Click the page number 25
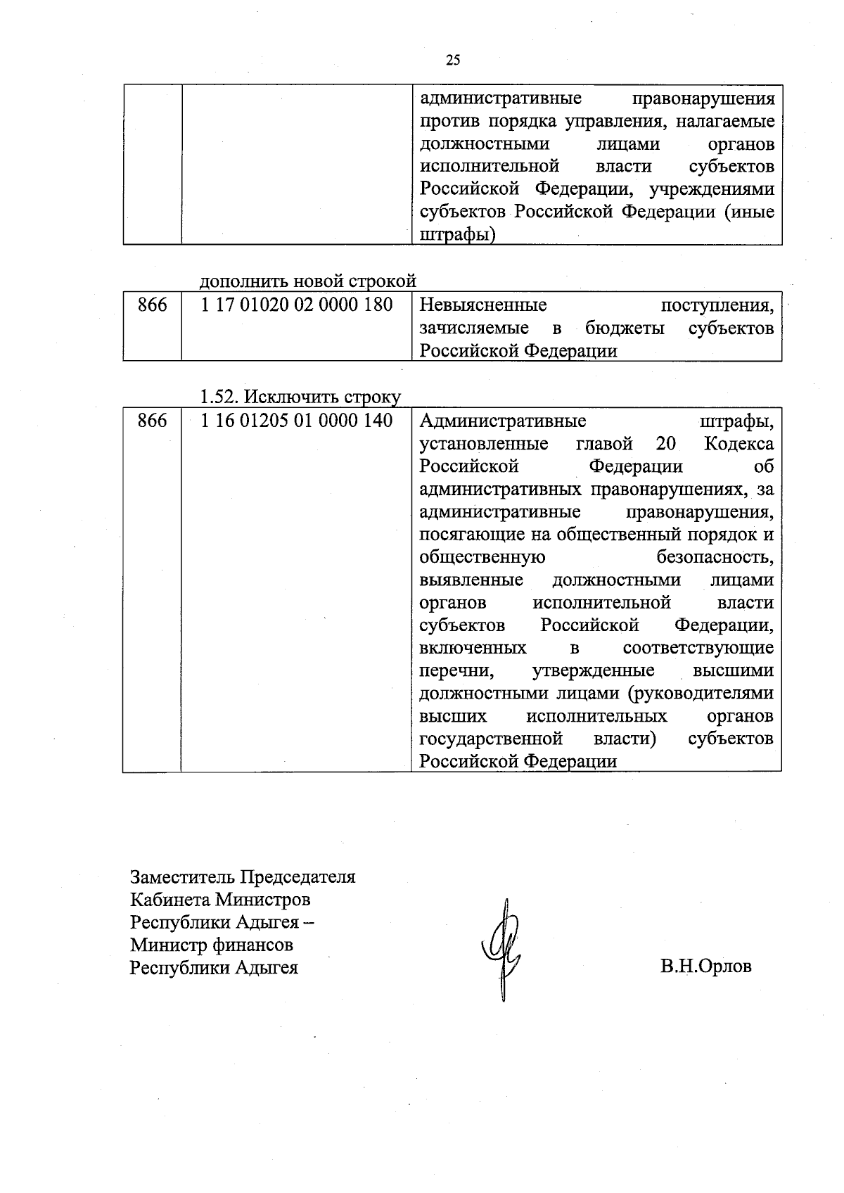[453, 60]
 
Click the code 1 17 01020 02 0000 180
[296, 305]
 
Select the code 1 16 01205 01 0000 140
[296, 421]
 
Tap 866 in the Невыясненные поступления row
[153, 305]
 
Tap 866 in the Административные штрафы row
[153, 421]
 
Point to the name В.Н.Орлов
[705, 966]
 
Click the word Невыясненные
[483, 305]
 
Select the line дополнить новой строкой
[308, 281]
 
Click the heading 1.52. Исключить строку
[300, 397]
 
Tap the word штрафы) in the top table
[457, 235]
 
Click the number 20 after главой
[665, 444]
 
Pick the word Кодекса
[738, 444]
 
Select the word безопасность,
[715, 557]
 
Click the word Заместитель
[183, 877]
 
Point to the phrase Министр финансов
[212, 945]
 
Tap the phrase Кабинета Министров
[220, 900]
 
